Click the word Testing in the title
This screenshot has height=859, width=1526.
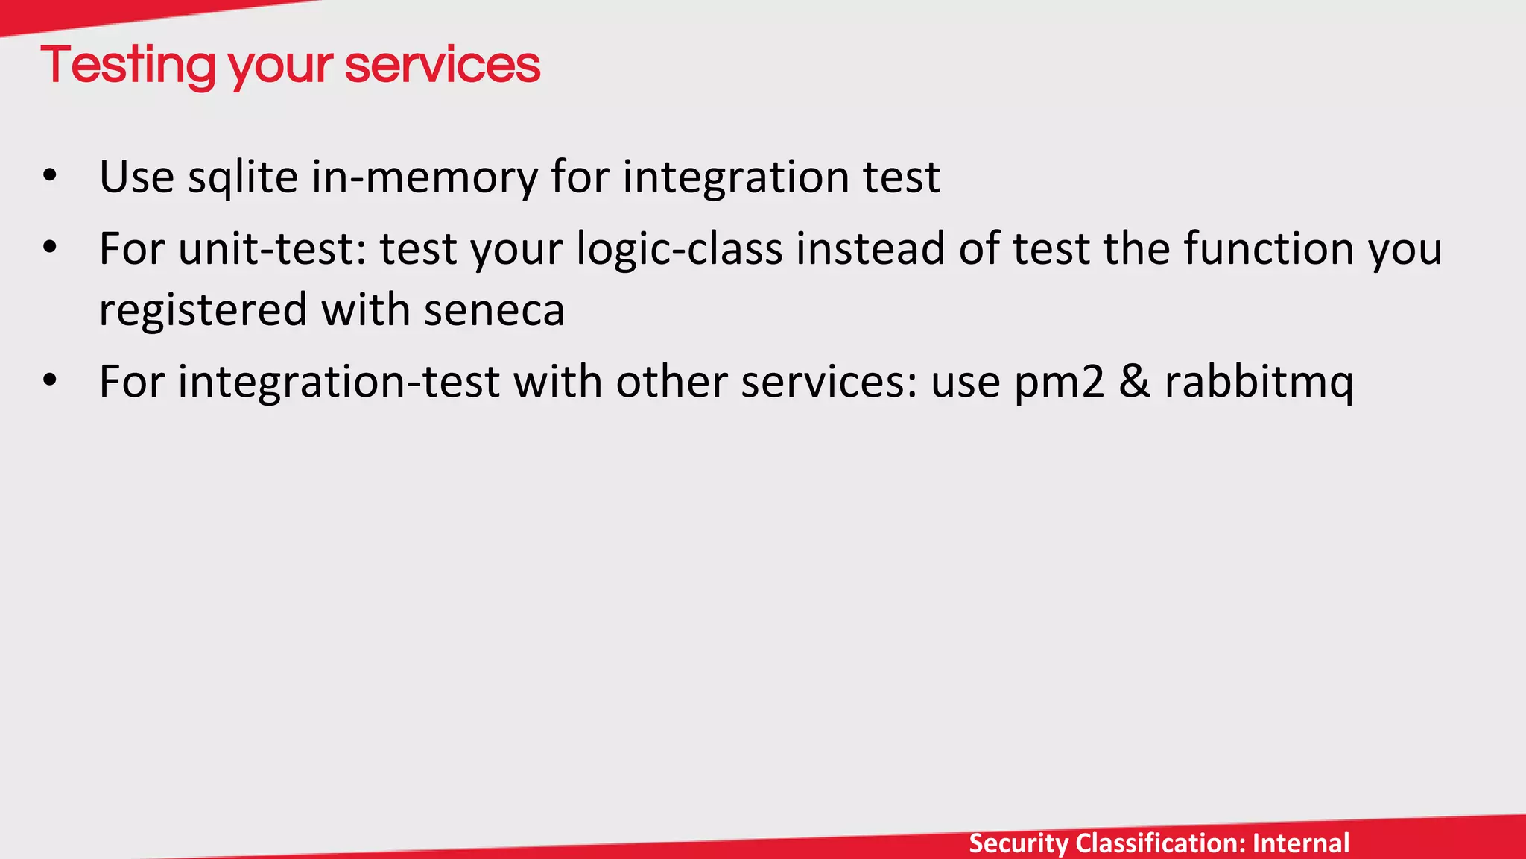(129, 66)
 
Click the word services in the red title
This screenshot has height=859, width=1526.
(442, 66)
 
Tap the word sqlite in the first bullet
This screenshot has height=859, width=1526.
(242, 177)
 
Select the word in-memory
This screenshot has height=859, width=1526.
(423, 177)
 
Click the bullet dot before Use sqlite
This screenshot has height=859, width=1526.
(50, 177)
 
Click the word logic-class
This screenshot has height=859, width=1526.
(679, 248)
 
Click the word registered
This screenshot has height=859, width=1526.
(203, 310)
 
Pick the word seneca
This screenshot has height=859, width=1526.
(494, 310)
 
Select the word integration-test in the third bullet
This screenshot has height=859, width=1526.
(338, 382)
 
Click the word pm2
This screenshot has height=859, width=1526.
(1060, 382)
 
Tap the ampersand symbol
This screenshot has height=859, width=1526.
(1135, 382)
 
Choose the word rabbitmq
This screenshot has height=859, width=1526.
(1259, 382)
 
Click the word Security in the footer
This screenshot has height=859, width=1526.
(1018, 843)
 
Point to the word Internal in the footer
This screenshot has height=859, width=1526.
(1301, 843)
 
